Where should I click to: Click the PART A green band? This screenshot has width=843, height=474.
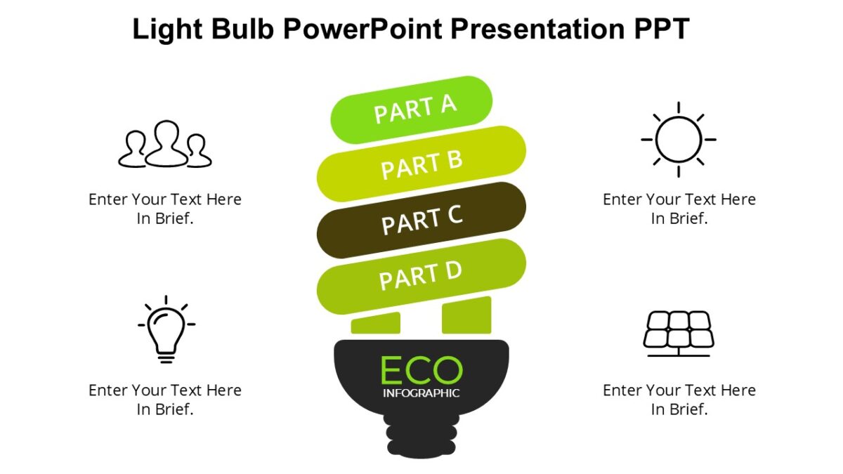[412, 110]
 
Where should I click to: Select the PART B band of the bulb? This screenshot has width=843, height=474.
[421, 164]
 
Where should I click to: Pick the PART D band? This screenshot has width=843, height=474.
[421, 276]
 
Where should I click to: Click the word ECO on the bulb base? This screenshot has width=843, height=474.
[421, 370]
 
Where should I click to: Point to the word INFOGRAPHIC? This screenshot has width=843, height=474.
[421, 393]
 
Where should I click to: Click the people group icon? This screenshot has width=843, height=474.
[165, 145]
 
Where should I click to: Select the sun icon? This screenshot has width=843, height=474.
[679, 140]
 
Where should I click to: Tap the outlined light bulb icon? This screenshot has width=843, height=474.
[166, 329]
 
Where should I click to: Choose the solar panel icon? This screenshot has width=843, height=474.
[679, 333]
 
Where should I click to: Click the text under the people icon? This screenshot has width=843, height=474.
[165, 209]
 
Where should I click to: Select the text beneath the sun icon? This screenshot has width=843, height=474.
[679, 209]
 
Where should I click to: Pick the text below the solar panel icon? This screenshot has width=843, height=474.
[679, 400]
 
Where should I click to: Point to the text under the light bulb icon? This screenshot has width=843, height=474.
[165, 400]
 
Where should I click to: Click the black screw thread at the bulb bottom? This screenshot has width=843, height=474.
[421, 435]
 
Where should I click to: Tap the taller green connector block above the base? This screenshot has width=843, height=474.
[466, 315]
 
